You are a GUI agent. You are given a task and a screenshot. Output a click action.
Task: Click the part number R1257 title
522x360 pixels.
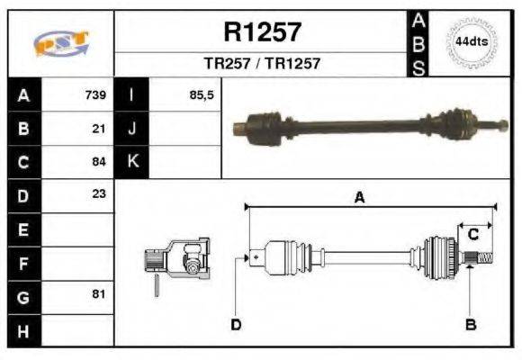point(262,32)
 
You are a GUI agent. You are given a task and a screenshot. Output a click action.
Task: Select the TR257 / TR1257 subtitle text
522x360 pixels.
point(262,64)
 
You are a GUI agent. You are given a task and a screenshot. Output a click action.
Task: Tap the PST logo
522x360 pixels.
point(60,43)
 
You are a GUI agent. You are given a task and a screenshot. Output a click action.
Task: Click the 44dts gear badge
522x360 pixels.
point(472,41)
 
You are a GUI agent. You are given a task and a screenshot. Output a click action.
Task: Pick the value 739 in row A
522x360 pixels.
point(95,94)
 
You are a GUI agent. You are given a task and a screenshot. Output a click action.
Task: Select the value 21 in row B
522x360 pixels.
point(99,128)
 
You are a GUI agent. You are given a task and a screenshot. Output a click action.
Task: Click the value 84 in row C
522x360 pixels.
point(99,162)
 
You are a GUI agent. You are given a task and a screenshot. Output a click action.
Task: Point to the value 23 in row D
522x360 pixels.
point(99,193)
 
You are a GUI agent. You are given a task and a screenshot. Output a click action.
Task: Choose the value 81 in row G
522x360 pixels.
point(99,295)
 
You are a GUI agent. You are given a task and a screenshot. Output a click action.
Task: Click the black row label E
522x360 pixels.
point(23,229)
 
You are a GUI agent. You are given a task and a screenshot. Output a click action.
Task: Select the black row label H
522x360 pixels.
point(23,330)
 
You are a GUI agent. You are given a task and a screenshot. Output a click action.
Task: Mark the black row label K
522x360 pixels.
point(131,162)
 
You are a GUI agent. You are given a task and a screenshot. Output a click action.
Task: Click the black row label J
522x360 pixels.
point(131,128)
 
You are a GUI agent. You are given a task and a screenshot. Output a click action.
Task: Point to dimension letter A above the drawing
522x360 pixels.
point(359,198)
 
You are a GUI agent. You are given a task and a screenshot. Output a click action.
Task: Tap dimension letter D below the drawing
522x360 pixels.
point(236,324)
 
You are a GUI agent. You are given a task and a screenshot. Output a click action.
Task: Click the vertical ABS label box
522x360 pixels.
point(418,43)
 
